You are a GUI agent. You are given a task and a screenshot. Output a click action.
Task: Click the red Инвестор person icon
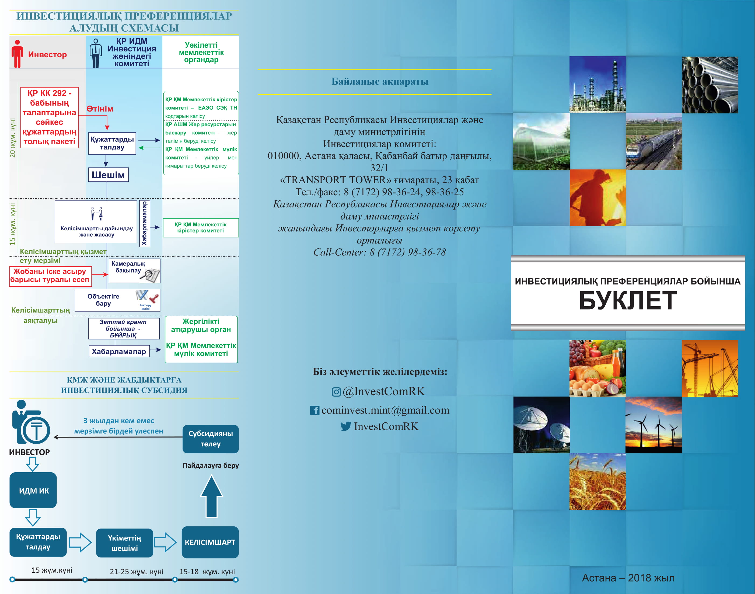point(17,54)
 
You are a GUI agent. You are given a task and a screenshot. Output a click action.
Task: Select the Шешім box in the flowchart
point(108,175)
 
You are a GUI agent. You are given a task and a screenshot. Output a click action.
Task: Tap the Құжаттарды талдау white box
point(112,143)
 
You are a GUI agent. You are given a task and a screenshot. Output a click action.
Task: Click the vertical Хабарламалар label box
point(145,224)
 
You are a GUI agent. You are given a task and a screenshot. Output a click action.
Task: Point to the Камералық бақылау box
point(135,270)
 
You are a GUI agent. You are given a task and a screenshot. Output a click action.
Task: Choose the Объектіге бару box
point(117,300)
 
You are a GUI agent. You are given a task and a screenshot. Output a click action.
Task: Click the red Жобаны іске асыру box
point(50,276)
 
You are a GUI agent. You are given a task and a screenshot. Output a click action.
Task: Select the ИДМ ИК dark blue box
point(33,490)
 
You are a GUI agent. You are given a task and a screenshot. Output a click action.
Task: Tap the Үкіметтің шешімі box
point(124,543)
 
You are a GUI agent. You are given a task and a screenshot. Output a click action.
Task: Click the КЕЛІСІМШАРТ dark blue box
point(210,542)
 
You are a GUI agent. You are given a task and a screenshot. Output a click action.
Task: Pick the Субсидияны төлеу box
point(211,439)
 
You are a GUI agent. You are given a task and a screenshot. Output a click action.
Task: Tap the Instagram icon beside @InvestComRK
point(336,392)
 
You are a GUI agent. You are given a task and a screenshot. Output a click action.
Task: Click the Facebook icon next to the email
point(314,410)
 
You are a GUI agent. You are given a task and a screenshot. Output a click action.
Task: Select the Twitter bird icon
point(345,426)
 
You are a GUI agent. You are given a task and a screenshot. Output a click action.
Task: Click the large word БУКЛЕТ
point(628,300)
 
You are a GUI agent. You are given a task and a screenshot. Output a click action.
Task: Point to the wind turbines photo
point(653,425)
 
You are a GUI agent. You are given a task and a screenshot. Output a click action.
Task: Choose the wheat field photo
point(597,481)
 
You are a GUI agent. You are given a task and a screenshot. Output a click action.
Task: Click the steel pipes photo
point(710,85)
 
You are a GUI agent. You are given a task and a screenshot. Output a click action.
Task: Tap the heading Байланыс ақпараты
point(380,81)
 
